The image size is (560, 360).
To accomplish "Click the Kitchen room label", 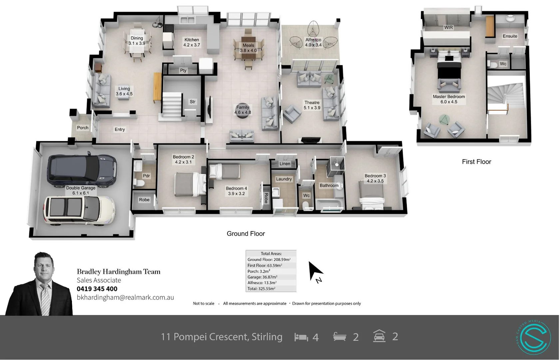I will [x=192, y=42].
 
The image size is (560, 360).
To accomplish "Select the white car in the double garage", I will [x=79, y=210].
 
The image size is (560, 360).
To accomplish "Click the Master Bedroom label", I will [x=449, y=99].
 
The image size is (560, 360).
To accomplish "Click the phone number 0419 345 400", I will [x=97, y=289].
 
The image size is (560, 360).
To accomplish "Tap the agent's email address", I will [x=125, y=297].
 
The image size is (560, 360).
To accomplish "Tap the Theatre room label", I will [x=312, y=105].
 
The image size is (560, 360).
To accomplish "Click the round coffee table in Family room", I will [x=243, y=109].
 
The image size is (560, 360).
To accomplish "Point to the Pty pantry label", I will [x=183, y=70].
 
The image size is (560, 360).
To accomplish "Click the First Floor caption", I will [x=476, y=162].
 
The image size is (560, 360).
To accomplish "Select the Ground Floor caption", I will [x=246, y=234].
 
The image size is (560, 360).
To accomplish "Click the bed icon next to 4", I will [x=301, y=337].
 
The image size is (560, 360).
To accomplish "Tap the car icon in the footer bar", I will [x=379, y=336].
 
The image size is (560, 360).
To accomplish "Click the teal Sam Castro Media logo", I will [x=534, y=337].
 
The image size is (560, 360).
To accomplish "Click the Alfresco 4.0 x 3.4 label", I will [x=313, y=42].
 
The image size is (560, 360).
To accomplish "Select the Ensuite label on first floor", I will [x=510, y=36].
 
